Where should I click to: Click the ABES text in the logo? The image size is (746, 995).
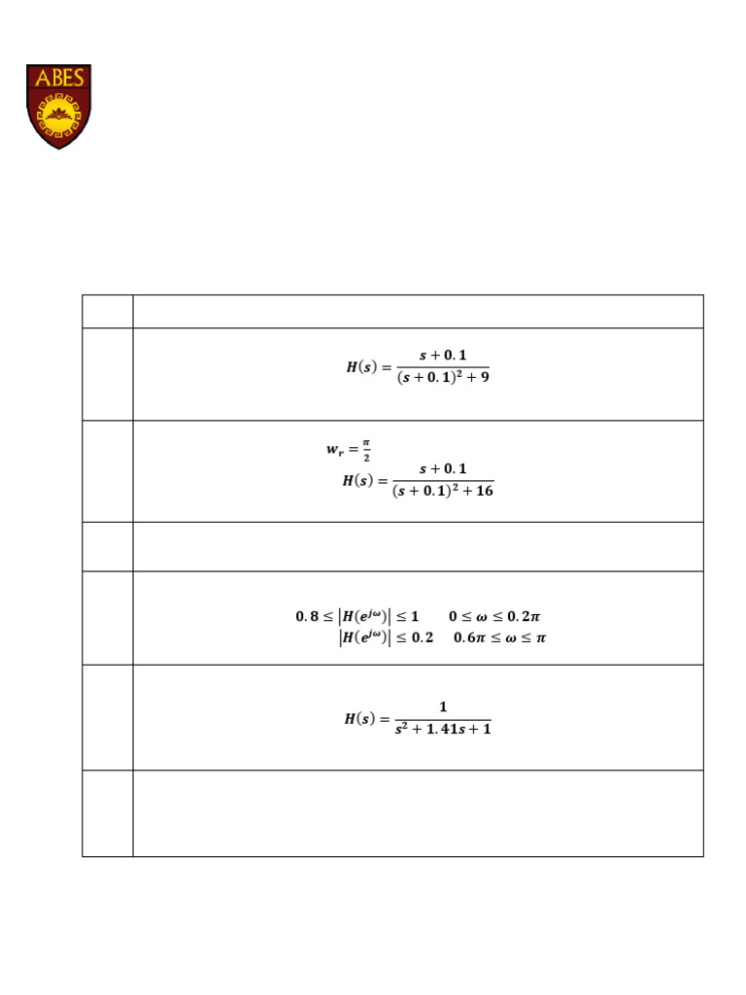point(59,79)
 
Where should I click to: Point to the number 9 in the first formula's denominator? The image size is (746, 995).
point(484,377)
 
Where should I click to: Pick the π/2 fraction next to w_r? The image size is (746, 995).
point(366,450)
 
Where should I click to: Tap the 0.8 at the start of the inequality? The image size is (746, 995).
point(306,616)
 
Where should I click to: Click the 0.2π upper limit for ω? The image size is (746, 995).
point(525,616)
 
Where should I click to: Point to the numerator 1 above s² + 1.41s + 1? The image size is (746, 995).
point(443,707)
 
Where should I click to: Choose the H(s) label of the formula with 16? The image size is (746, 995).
point(361,480)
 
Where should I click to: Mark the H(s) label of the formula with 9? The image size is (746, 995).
point(365,367)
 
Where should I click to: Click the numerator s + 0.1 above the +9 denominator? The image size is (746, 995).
point(443,356)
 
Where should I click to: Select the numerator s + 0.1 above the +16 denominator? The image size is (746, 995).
point(443,469)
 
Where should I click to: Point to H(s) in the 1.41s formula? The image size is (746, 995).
point(363,719)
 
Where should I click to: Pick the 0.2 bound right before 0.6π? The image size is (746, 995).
point(422,638)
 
